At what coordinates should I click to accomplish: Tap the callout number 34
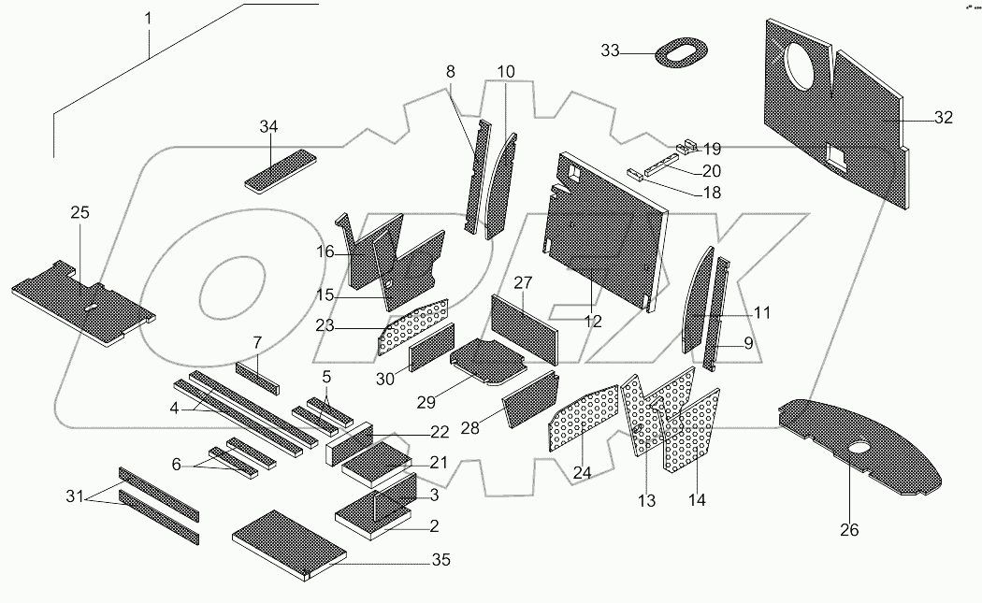tap(268, 126)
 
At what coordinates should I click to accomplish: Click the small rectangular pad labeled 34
tap(278, 167)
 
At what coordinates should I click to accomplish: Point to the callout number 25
tap(79, 213)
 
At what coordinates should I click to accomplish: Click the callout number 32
tap(942, 118)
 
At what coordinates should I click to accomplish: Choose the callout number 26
tap(848, 531)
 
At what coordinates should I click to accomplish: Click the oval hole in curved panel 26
tap(859, 455)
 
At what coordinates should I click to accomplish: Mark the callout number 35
tap(440, 561)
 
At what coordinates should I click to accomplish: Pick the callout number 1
tap(148, 19)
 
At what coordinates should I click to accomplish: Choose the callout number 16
tap(325, 251)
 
